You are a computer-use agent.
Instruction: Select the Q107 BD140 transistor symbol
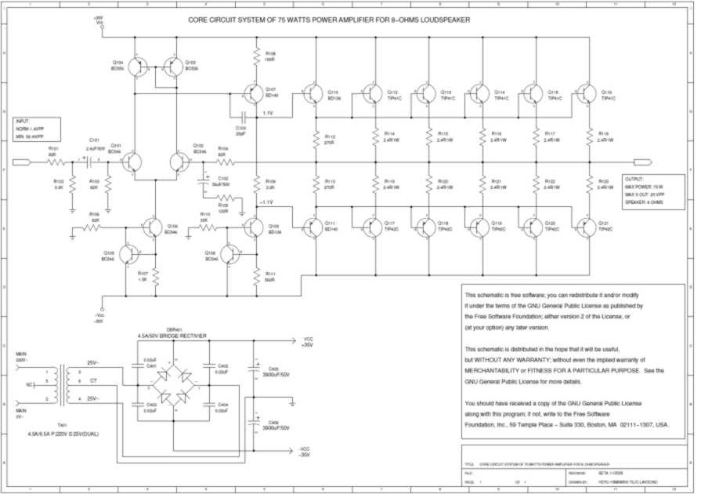[x=253, y=94]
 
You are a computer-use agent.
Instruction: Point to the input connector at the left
[x=21, y=163]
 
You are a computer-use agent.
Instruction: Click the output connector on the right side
[x=642, y=163]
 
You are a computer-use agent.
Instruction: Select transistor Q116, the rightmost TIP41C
[x=584, y=94]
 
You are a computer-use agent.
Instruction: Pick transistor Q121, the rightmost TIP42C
[x=584, y=227]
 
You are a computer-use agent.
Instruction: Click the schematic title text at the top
[x=329, y=20]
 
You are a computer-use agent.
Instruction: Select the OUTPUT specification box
[x=653, y=189]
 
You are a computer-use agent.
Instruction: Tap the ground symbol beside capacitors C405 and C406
[x=292, y=403]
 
